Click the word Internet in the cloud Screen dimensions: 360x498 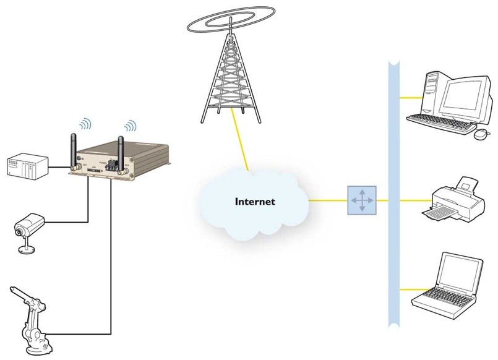click(255, 202)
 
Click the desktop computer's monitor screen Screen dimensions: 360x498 click(460, 93)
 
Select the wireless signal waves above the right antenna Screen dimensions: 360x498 click(130, 126)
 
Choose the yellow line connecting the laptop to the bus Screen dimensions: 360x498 click(401, 289)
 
